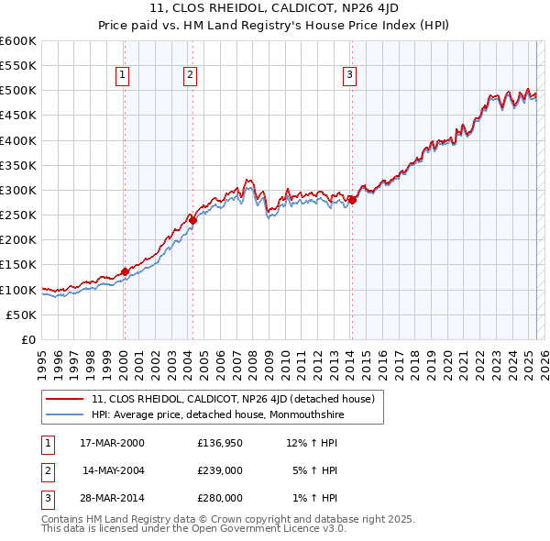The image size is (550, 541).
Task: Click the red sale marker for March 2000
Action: [x=125, y=271]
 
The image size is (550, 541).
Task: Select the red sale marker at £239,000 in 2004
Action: [x=192, y=220]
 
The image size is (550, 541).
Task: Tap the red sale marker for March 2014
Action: [x=352, y=200]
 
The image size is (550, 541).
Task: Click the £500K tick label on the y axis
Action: [x=18, y=91]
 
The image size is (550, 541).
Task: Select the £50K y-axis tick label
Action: [x=22, y=315]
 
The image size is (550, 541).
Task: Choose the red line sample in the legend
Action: [x=66, y=400]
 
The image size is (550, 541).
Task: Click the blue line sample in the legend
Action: [x=66, y=415]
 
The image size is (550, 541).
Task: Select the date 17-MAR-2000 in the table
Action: [x=112, y=443]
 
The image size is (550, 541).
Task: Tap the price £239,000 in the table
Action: [x=220, y=470]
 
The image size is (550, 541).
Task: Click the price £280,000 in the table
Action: [x=220, y=498]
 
